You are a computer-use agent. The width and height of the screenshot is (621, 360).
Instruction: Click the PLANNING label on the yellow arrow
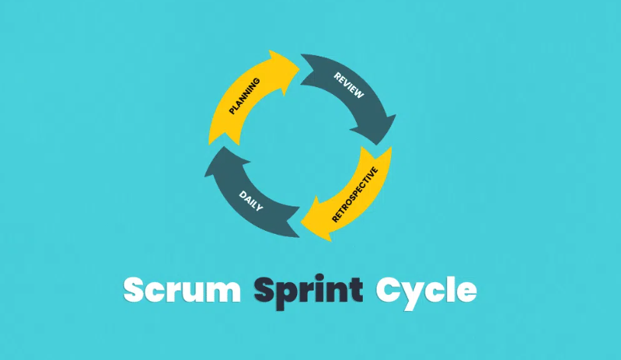point(244,96)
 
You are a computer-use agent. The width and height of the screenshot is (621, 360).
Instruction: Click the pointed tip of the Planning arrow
point(299,60)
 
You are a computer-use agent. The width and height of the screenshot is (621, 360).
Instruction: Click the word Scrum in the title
point(183,290)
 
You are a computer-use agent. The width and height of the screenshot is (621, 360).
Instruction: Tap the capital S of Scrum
point(136,290)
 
